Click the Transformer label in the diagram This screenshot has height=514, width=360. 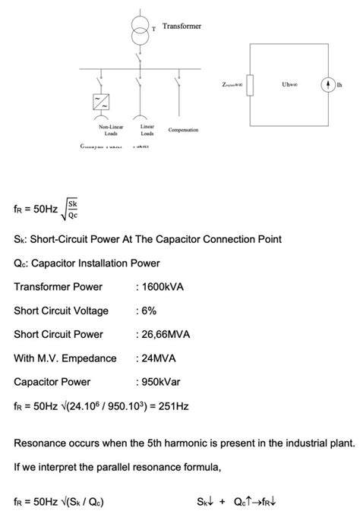coord(182,27)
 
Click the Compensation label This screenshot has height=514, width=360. coord(183,130)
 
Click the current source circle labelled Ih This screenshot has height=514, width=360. coord(328,84)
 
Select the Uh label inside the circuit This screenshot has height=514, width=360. coord(289,84)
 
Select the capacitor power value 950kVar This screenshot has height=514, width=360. coord(163,381)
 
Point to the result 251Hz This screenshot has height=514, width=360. coord(172,405)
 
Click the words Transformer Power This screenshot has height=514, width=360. coord(58,287)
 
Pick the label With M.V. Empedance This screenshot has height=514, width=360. coord(65,358)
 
